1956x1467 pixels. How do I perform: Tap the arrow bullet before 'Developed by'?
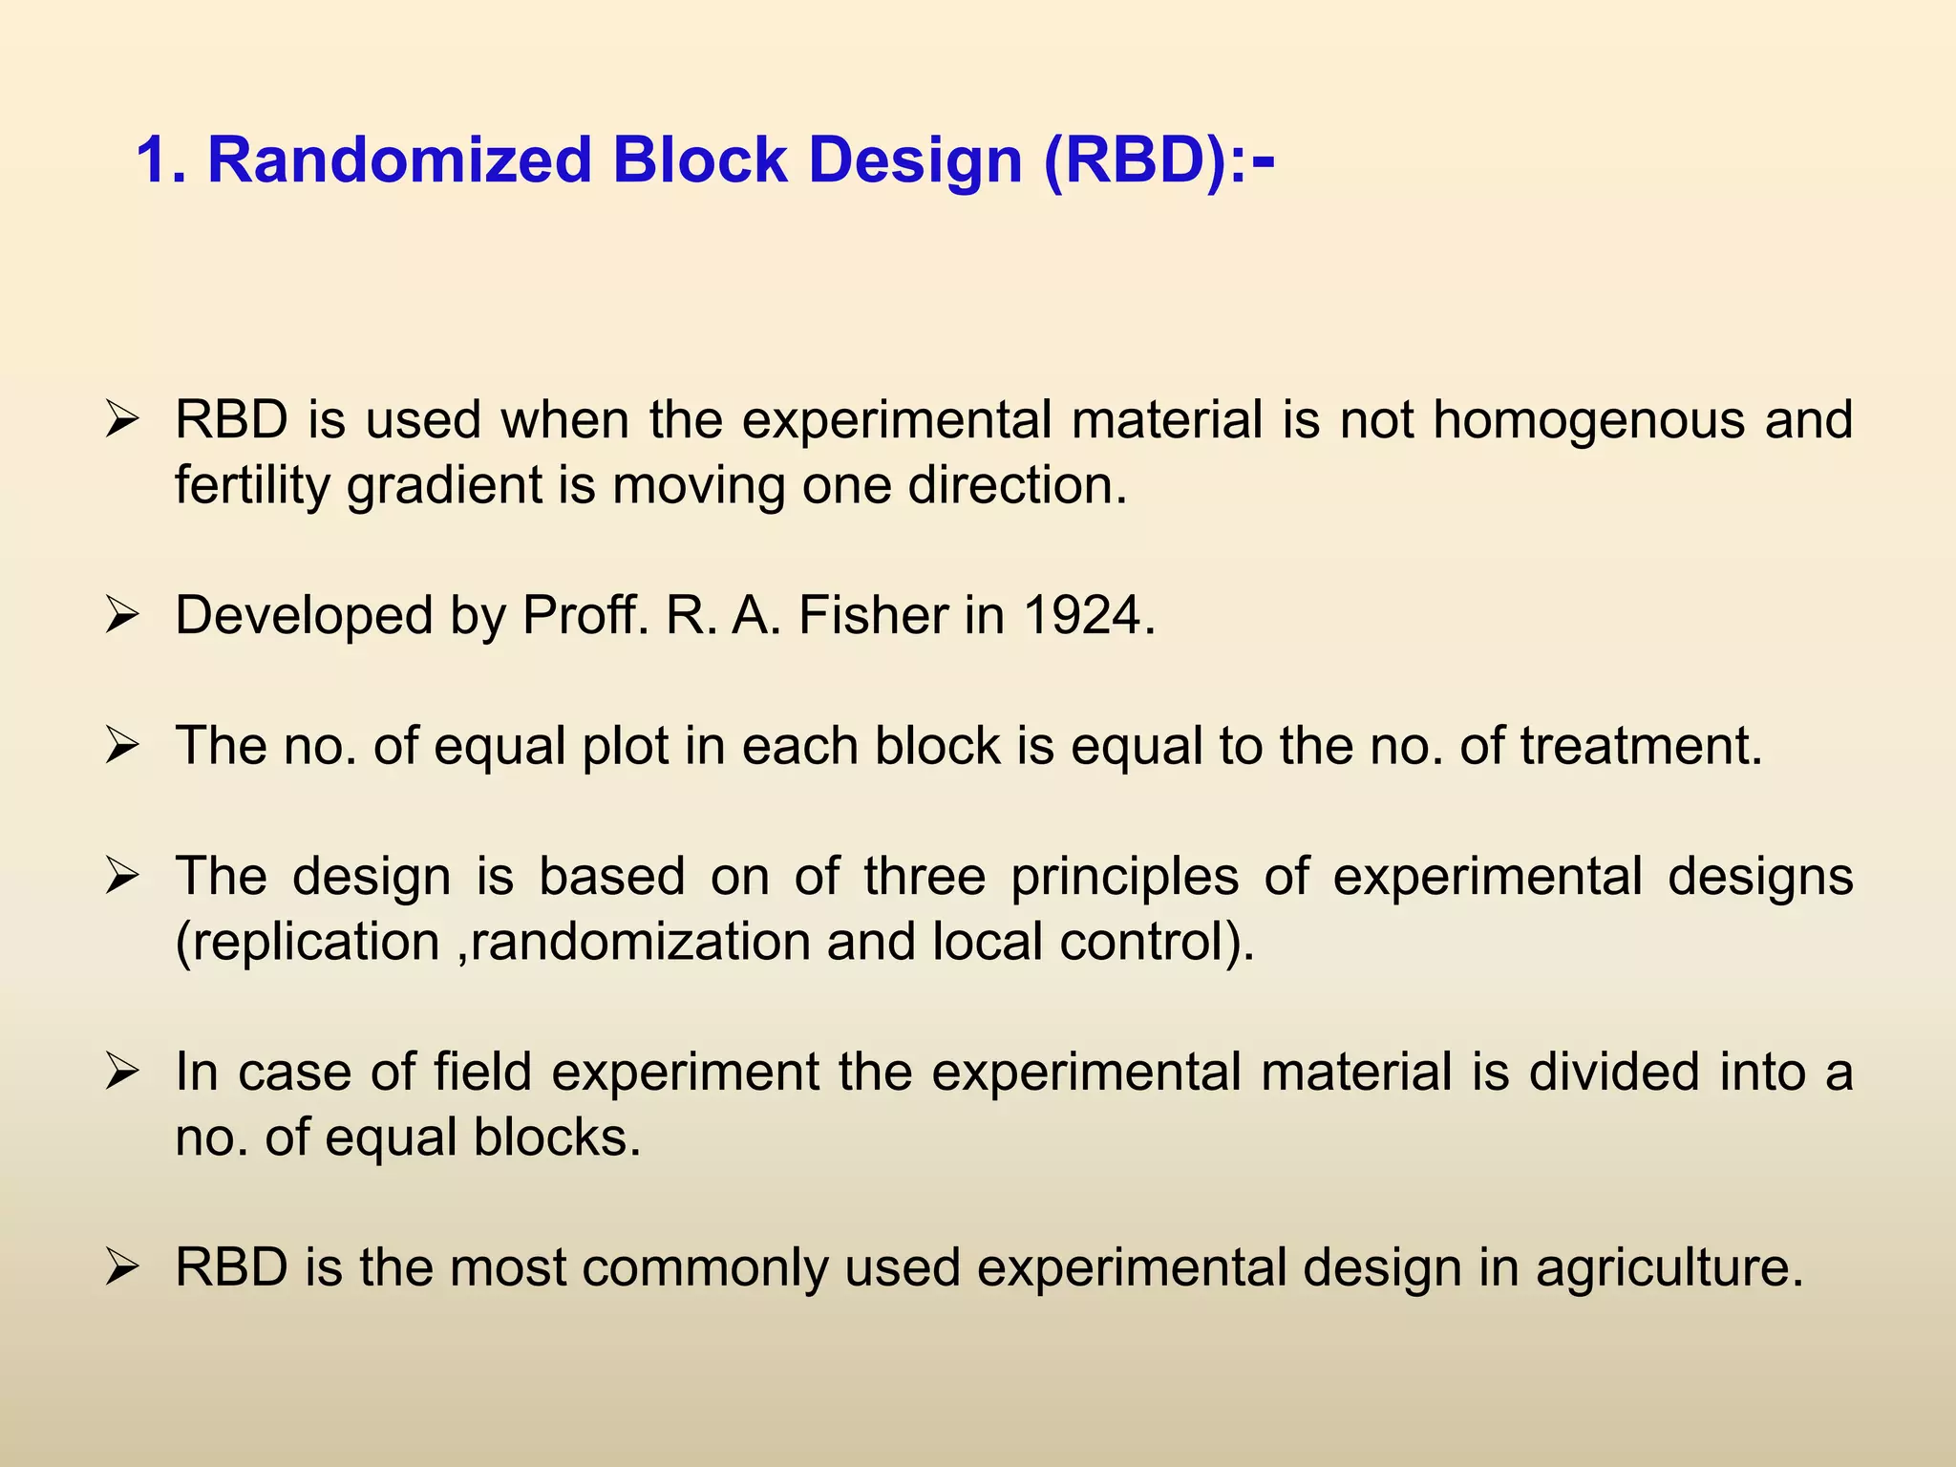pos(123,616)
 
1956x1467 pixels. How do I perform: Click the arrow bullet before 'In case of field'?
pos(123,1073)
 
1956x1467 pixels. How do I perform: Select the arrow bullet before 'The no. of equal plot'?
pos(123,746)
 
